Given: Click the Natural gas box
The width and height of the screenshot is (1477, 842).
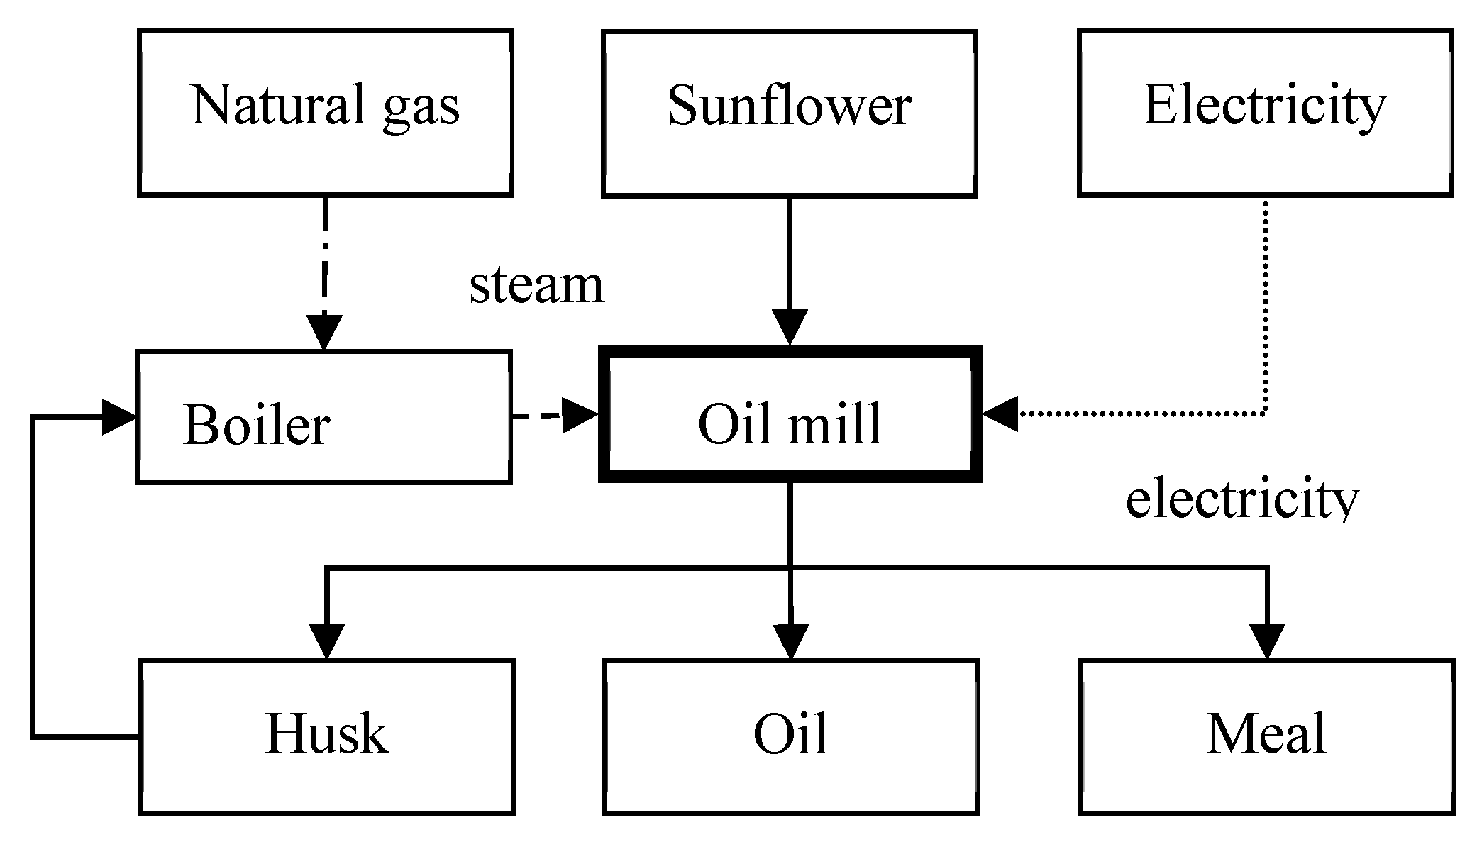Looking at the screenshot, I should coord(325,112).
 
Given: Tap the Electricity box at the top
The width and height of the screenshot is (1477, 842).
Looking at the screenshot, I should coord(1265,112).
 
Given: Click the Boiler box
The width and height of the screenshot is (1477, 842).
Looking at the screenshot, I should coord(323,417).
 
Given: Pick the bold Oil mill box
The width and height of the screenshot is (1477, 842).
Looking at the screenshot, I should coord(790,414).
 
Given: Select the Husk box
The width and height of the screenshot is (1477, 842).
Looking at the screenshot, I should coord(326,736).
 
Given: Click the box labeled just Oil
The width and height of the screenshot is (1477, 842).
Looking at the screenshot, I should coord(790,736).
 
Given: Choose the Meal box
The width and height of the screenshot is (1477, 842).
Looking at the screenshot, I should coord(1266,736).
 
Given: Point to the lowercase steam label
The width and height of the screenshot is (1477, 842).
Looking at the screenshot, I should coord(536,285).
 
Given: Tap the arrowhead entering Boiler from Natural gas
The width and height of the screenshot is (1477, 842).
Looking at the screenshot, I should coord(324,331).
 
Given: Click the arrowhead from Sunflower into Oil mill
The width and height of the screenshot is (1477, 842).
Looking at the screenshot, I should coord(789,327).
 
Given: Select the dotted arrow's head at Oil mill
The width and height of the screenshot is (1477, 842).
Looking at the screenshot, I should coord(1000,414).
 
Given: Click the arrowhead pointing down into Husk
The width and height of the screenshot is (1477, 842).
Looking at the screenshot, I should coord(326,641).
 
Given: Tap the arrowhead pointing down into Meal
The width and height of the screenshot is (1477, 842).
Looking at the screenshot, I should coord(1266,641).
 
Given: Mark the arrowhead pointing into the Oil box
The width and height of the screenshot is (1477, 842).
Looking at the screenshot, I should coord(790,641).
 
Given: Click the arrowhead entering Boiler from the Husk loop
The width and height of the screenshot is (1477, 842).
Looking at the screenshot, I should coord(118,417).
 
